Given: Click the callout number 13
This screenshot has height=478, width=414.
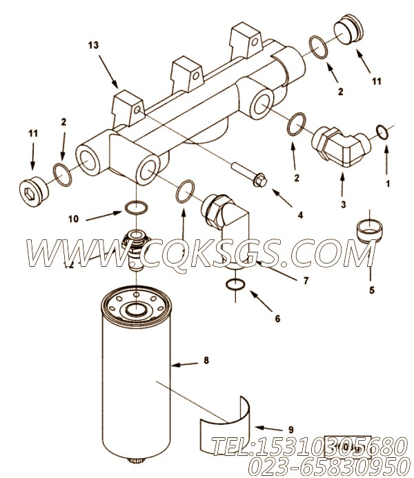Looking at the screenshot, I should (x=93, y=45).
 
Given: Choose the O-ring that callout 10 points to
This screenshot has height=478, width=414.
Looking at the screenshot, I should (x=136, y=206).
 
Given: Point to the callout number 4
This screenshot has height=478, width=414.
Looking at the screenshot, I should (x=299, y=215).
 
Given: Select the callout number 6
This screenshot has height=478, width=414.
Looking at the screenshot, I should (x=277, y=319).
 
